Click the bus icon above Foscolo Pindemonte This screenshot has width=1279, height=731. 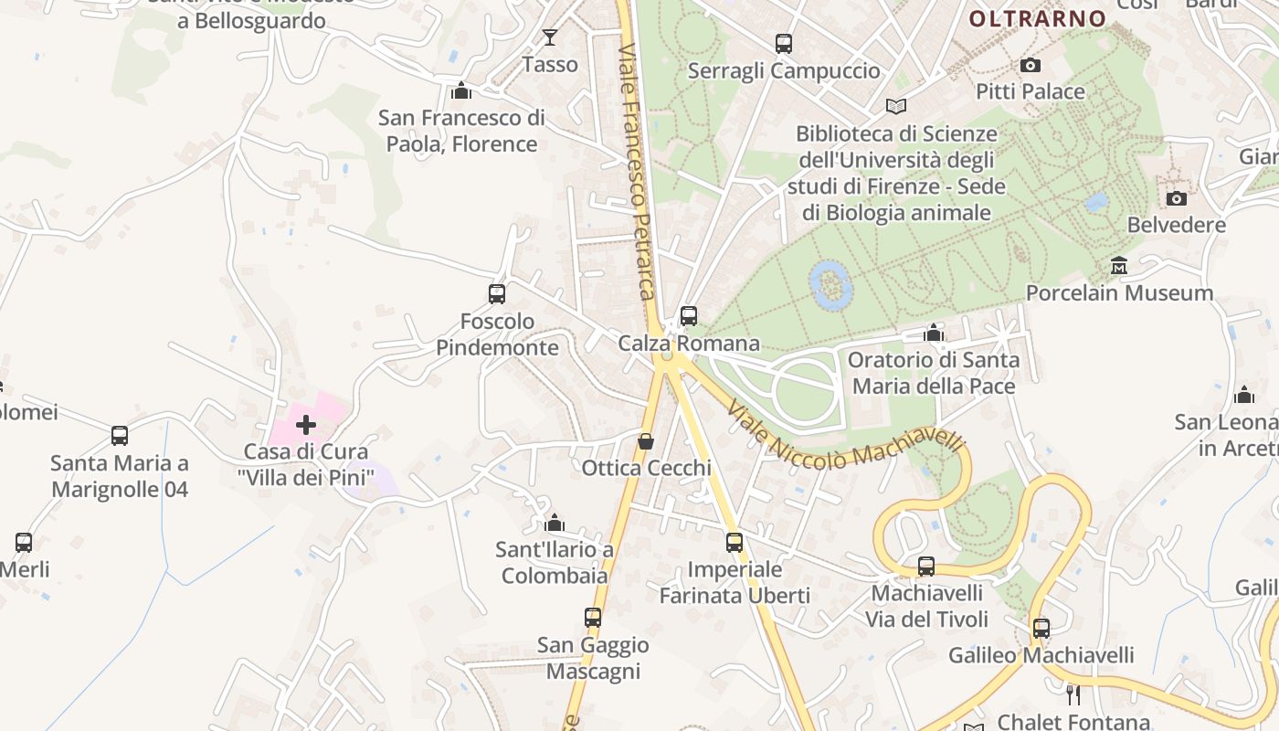coord(497,294)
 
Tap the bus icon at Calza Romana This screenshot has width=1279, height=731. coord(689,316)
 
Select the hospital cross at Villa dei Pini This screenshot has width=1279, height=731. coord(306,424)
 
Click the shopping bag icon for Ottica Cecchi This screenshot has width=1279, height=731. coord(646,441)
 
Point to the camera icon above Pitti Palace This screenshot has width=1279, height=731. coord(1031,65)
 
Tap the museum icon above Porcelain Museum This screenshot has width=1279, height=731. coord(1119,266)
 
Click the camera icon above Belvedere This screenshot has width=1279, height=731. coord(1177,198)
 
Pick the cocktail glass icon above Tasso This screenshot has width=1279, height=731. coord(549,37)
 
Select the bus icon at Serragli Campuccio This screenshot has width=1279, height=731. coord(784,43)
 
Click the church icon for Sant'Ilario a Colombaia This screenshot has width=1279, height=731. coord(554,523)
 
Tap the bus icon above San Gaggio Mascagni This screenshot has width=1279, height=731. coord(593,618)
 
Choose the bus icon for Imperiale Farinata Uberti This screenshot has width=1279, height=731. coord(735,543)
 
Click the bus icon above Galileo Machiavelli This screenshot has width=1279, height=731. coord(1041,629)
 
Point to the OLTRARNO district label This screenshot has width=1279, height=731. coord(1037,18)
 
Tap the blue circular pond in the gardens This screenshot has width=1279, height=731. coord(831,284)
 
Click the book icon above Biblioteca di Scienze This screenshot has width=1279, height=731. coord(896,107)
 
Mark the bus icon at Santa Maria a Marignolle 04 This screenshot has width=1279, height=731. coord(120,436)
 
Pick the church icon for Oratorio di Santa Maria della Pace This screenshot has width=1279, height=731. coord(934,333)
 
